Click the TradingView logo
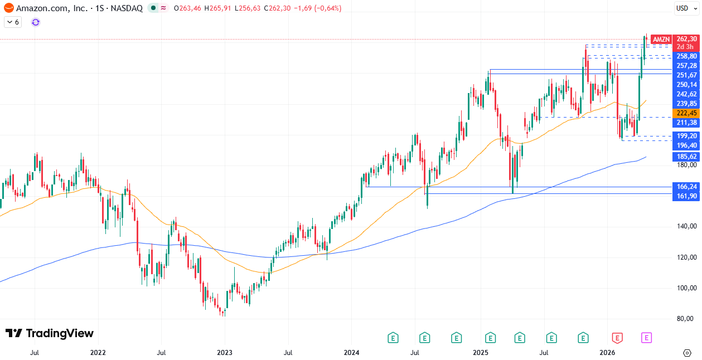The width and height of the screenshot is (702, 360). (x=49, y=333)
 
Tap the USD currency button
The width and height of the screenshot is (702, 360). (x=682, y=8)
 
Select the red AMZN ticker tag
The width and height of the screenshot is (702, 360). (x=661, y=39)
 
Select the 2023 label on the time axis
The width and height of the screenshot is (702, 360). (x=224, y=353)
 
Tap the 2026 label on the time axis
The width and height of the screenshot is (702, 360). (x=607, y=353)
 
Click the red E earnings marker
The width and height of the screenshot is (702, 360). (x=617, y=337)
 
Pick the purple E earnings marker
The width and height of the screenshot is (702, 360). (x=647, y=337)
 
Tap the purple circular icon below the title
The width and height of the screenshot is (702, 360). (x=36, y=22)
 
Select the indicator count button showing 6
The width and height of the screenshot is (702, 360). (x=13, y=22)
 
